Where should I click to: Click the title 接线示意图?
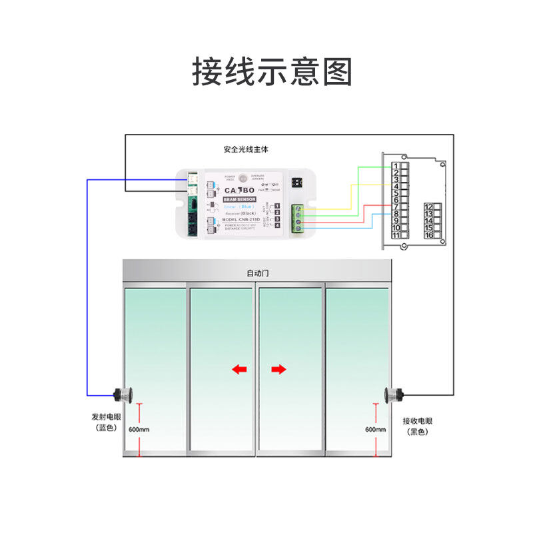click(272, 71)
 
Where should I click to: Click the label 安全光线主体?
click(246, 149)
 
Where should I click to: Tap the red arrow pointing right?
click(278, 369)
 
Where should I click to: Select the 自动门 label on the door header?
click(257, 273)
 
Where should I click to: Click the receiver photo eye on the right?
click(393, 395)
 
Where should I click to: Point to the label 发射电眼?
click(107, 417)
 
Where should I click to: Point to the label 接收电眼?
click(418, 421)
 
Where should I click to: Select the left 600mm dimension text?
click(139, 429)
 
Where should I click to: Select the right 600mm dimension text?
click(375, 429)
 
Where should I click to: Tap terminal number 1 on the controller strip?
click(396, 166)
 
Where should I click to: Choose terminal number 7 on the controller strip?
click(396, 207)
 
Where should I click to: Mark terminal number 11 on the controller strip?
click(396, 235)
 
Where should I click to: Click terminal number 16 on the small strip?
click(430, 235)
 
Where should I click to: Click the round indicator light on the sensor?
click(243, 179)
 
